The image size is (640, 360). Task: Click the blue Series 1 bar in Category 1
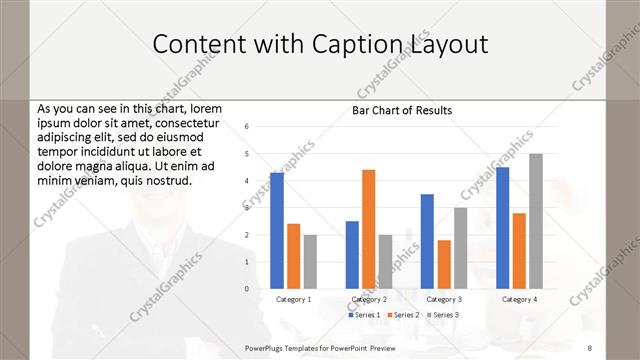277,231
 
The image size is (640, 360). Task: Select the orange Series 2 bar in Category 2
369,229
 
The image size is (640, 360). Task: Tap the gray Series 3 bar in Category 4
536,221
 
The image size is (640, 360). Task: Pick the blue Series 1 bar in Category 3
427,241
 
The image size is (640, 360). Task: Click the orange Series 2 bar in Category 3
444,264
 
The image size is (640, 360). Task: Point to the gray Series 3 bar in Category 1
310,262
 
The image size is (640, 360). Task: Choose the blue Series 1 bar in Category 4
502,228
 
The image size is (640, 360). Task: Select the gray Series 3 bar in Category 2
386,262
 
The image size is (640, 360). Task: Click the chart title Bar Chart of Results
402,110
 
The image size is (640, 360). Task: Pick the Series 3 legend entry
443,315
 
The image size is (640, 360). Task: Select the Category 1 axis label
293,299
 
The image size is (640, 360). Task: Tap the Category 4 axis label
519,299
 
